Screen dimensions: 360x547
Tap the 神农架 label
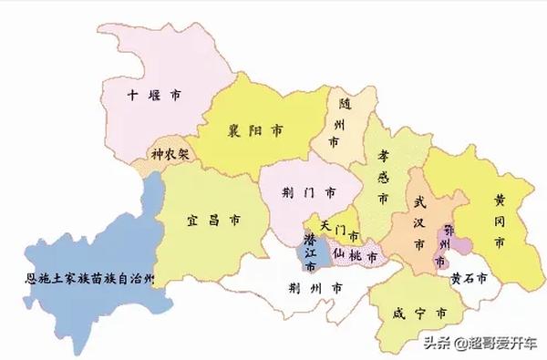[170, 154]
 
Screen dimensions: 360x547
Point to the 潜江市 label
[311, 251]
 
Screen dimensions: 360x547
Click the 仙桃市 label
[355, 257]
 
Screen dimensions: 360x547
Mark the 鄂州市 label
[444, 244]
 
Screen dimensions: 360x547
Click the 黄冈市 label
[500, 221]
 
